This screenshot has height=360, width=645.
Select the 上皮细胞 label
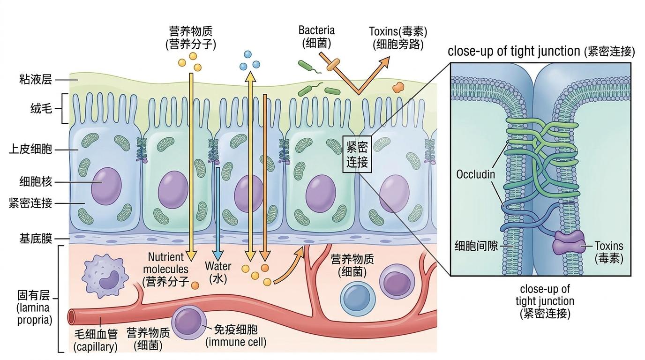(x=30, y=150)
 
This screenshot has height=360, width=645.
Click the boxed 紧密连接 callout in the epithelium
(x=357, y=155)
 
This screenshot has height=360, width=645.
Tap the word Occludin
(x=475, y=175)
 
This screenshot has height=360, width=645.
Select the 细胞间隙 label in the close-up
(x=476, y=245)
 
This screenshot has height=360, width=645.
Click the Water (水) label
(x=218, y=272)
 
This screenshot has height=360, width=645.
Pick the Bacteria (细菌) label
(x=317, y=37)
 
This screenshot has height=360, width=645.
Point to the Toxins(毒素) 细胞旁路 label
(x=398, y=37)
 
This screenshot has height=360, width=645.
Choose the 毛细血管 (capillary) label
(x=96, y=340)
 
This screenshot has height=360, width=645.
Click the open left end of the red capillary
(x=72, y=317)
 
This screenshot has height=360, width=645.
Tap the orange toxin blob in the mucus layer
(x=398, y=87)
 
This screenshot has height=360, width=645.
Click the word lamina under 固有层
(x=33, y=309)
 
